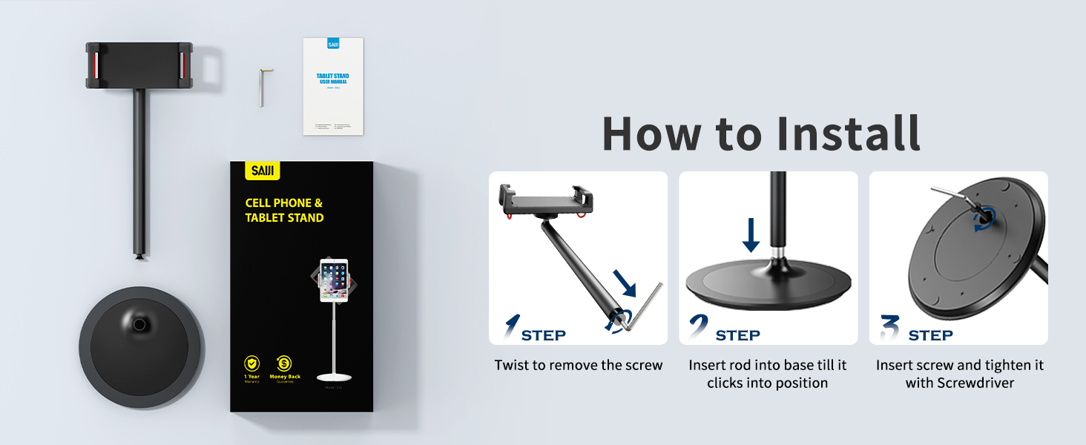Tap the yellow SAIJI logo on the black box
coord(262,171)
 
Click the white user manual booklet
coord(333,86)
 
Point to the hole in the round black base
coord(139,324)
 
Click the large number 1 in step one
coord(512,327)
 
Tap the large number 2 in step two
coord(698,327)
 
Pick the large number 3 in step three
coord(889,327)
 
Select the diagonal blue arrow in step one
coord(625,283)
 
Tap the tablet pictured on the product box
coord(333,280)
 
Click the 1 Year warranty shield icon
coord(252,363)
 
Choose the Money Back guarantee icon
coord(284,363)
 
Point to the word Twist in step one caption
coord(511,366)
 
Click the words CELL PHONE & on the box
coord(284,202)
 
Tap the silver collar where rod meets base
coord(777,255)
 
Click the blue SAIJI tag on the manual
coord(333,44)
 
